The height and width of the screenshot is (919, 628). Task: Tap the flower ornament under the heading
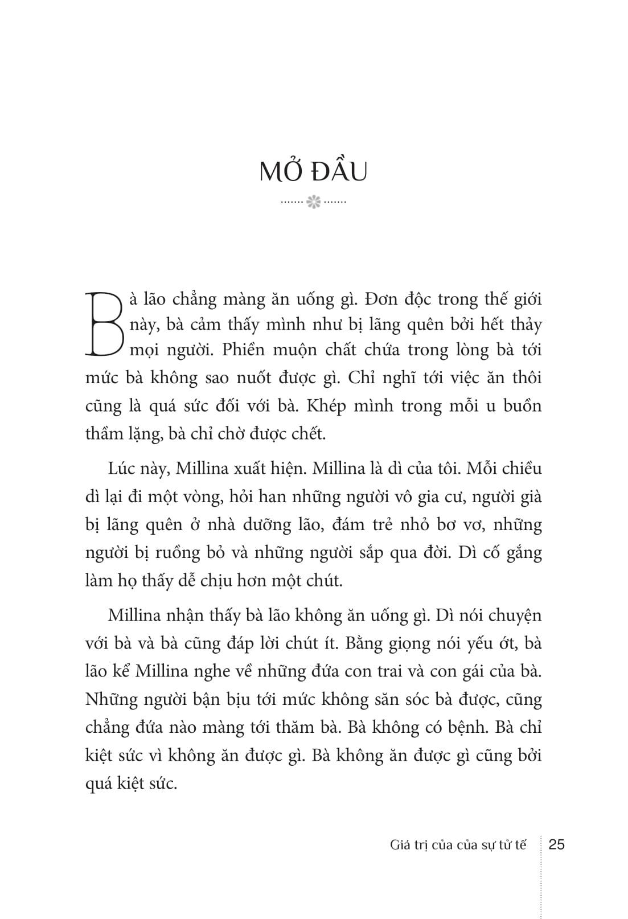tap(314, 202)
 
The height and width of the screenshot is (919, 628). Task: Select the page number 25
tap(556, 844)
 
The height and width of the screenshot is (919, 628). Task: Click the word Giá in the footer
tap(401, 845)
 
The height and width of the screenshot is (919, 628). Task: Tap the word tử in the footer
tap(501, 845)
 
